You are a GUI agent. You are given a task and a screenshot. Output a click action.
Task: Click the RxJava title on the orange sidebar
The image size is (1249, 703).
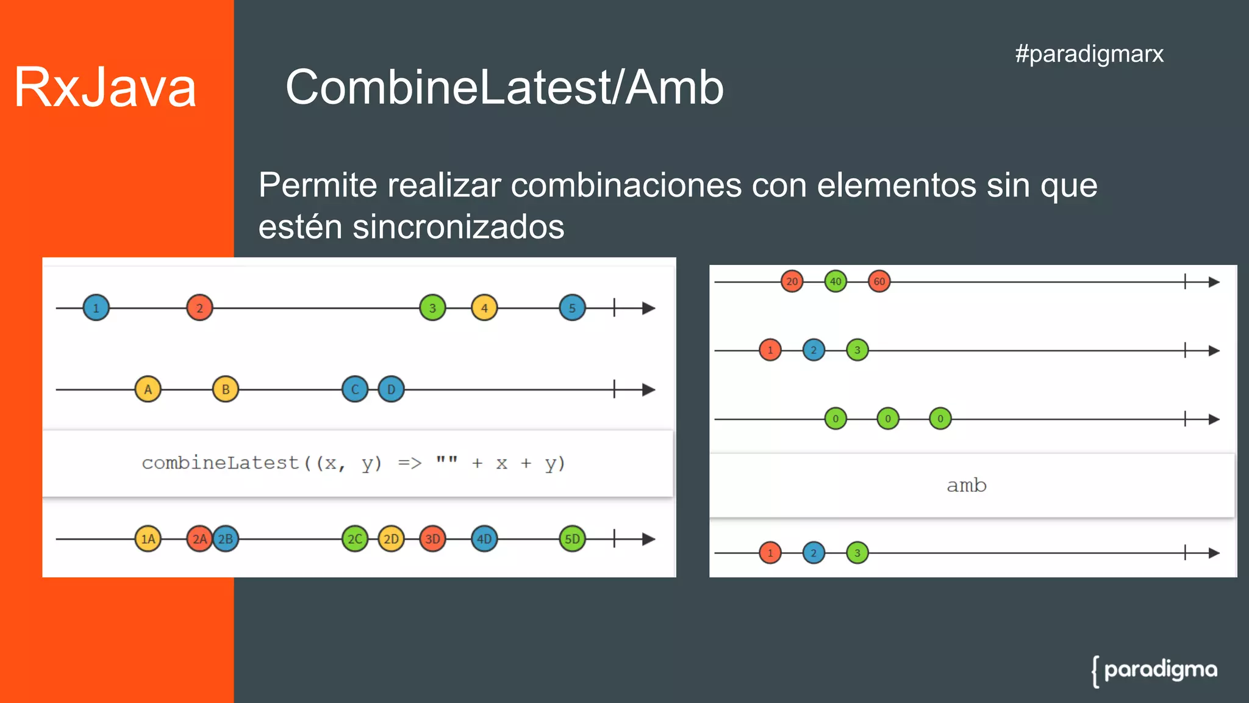click(105, 87)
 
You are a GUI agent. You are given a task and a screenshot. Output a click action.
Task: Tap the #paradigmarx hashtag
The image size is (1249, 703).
click(1089, 54)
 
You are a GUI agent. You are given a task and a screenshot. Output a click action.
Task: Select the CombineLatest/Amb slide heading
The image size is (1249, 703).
click(504, 87)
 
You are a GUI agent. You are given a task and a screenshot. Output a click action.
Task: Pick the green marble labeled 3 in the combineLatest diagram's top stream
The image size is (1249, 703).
click(432, 308)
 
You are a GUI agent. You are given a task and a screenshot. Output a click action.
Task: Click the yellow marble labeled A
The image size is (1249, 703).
click(148, 389)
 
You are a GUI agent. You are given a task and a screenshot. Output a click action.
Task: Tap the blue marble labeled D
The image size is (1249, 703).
click(391, 389)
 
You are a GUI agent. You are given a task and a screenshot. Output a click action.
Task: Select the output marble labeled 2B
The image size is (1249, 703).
click(226, 539)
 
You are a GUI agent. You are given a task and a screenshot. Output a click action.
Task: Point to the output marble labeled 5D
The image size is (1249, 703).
click(572, 539)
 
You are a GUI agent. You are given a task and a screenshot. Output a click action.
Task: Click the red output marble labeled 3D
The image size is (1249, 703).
click(432, 539)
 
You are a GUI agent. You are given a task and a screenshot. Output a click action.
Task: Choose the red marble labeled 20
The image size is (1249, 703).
click(792, 281)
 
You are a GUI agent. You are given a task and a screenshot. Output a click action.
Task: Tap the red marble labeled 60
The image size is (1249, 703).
click(879, 281)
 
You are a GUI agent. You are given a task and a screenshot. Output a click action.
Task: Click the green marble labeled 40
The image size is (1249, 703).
click(836, 281)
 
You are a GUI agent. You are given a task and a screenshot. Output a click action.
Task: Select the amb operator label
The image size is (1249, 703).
click(967, 486)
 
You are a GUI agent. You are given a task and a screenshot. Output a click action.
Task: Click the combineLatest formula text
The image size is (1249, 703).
click(354, 463)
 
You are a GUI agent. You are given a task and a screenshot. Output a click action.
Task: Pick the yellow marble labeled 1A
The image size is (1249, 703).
click(148, 539)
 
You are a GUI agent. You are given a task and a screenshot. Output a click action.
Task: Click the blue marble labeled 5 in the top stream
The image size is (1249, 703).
click(572, 308)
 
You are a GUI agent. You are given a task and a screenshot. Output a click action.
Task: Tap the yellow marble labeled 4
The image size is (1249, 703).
click(484, 308)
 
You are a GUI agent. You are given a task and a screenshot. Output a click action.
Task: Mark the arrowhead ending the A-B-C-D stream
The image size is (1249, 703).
click(649, 389)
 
